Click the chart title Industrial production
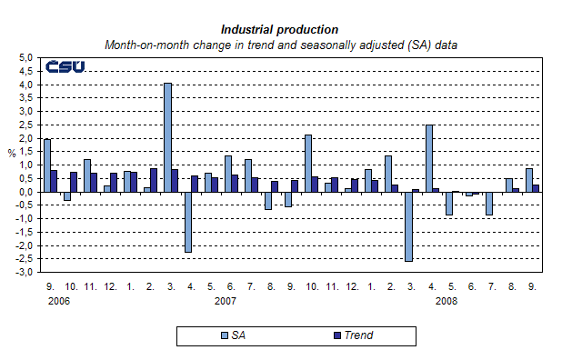pyautogui.click(x=279, y=29)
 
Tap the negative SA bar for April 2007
pyautogui.click(x=187, y=222)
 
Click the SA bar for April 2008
pyautogui.click(x=429, y=158)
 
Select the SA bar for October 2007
pyautogui.click(x=308, y=163)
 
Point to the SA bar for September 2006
pyautogui.click(x=47, y=165)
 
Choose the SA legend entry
pyautogui.click(x=231, y=335)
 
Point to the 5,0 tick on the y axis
pyautogui.click(x=25, y=58)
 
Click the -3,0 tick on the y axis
pyautogui.click(x=25, y=272)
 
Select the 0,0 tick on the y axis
pyautogui.click(x=25, y=192)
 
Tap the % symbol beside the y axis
pyautogui.click(x=11, y=152)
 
